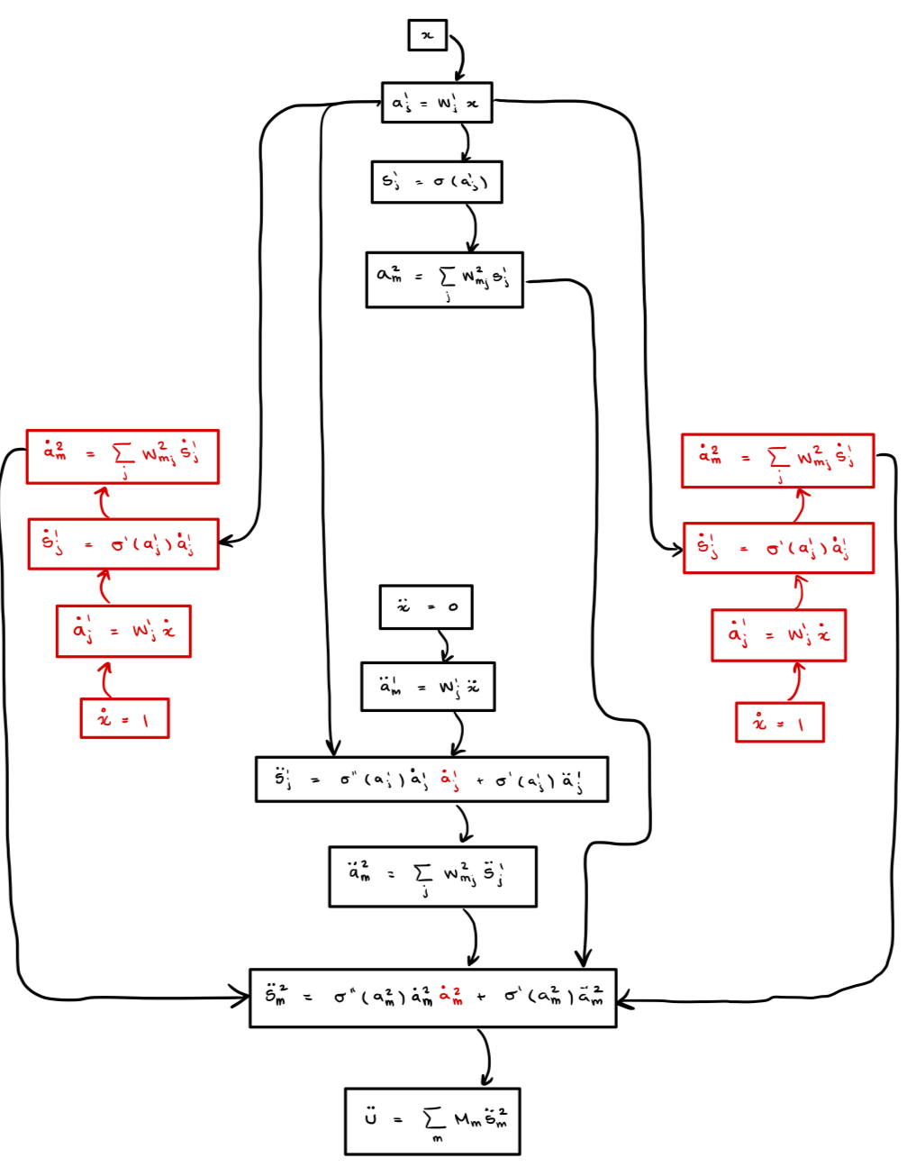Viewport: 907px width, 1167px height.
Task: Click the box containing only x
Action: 427,35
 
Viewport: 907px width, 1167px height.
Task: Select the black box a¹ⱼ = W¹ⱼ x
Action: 437,103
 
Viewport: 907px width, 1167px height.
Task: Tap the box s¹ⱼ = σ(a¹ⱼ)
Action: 436,182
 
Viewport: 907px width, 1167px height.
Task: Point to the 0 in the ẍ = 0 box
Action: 453,606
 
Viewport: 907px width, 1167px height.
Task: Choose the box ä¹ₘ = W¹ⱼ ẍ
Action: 428,687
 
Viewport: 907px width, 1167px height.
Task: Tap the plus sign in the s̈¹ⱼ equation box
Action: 479,780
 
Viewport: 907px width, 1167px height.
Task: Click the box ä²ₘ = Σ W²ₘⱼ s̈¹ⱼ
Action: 432,876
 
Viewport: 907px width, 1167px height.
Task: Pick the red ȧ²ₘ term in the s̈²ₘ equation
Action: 450,997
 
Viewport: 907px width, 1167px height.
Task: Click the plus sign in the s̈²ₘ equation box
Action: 481,997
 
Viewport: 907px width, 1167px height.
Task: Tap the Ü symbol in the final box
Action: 370,1118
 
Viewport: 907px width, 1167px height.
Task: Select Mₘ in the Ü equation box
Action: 467,1120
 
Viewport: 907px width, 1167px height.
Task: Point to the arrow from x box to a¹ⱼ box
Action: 461,59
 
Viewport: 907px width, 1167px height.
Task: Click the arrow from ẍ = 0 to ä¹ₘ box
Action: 445,645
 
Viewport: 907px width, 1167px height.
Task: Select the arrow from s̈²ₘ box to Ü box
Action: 486,1057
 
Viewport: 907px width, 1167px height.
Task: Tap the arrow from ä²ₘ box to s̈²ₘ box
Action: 472,937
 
